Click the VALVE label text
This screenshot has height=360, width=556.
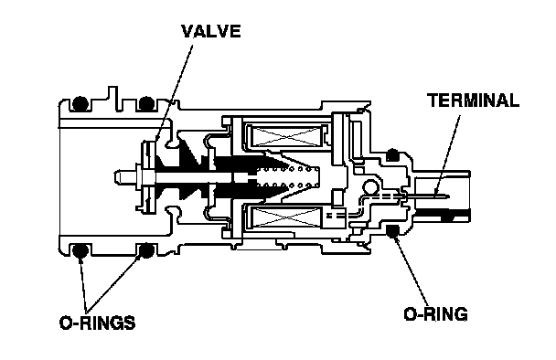click(x=211, y=31)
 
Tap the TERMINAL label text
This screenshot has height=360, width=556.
click(x=473, y=101)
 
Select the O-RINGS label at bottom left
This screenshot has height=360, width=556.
click(x=98, y=323)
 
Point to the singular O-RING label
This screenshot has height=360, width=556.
click(x=436, y=314)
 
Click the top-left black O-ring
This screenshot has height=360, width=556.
click(x=80, y=104)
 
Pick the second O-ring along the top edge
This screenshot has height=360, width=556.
click(x=146, y=104)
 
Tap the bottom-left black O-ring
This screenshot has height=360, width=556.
click(x=80, y=250)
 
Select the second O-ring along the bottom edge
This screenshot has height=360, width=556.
click(x=146, y=250)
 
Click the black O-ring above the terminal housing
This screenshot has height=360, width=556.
click(x=392, y=154)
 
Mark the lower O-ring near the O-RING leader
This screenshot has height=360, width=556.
click(x=392, y=230)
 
